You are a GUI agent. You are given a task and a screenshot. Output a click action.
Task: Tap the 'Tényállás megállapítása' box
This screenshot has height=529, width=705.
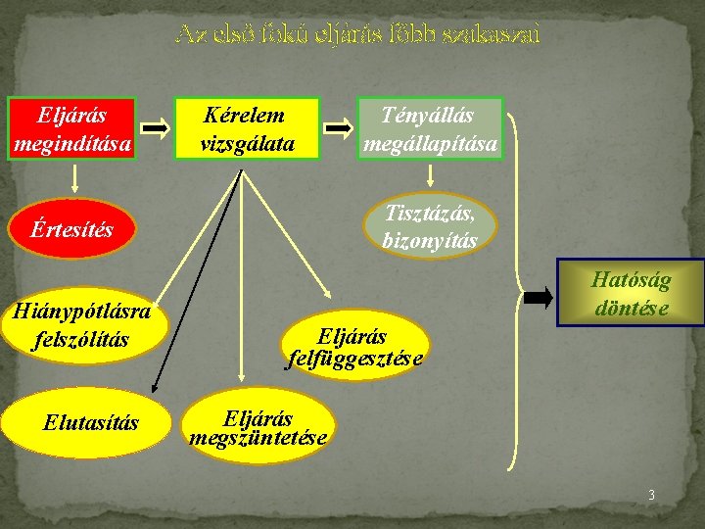[429, 129]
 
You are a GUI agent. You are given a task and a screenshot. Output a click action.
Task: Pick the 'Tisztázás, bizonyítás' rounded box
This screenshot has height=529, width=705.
[430, 225]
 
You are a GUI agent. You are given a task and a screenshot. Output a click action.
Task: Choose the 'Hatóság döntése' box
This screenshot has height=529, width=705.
[631, 294]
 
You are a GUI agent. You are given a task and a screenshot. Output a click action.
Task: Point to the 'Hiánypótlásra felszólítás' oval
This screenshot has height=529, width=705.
[78, 326]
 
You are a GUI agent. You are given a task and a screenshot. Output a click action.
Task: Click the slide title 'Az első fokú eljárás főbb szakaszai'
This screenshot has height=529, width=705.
[356, 35]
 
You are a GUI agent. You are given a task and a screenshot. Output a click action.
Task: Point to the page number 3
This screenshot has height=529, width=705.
[650, 496]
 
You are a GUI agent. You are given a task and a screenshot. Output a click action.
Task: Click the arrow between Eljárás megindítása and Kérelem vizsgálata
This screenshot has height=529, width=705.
[154, 128]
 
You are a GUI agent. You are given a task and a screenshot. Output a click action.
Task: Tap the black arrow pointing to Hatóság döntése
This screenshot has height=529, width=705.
[538, 298]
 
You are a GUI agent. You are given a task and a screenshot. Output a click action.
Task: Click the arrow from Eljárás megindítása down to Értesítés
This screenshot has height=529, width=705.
[74, 179]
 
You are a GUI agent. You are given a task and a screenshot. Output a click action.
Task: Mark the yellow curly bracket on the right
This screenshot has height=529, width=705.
[513, 294]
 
